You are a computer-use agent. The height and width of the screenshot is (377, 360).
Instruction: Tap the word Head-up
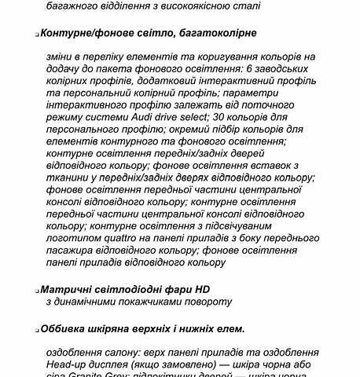pos(71,364)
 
